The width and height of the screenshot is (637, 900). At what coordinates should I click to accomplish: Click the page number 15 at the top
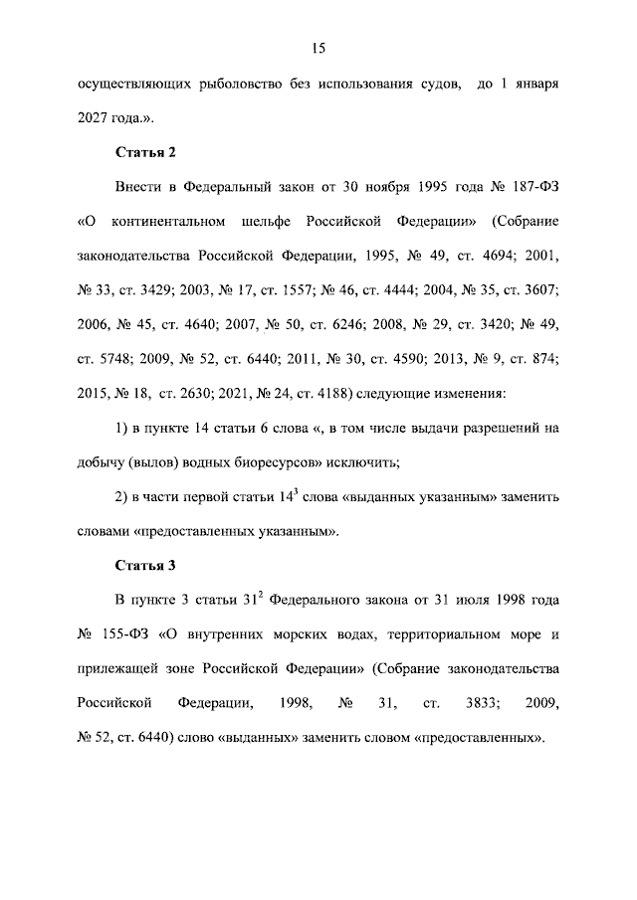(x=318, y=48)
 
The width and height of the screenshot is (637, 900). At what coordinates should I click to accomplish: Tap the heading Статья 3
(x=145, y=566)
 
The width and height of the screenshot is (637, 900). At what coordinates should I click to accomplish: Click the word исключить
(x=372, y=462)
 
